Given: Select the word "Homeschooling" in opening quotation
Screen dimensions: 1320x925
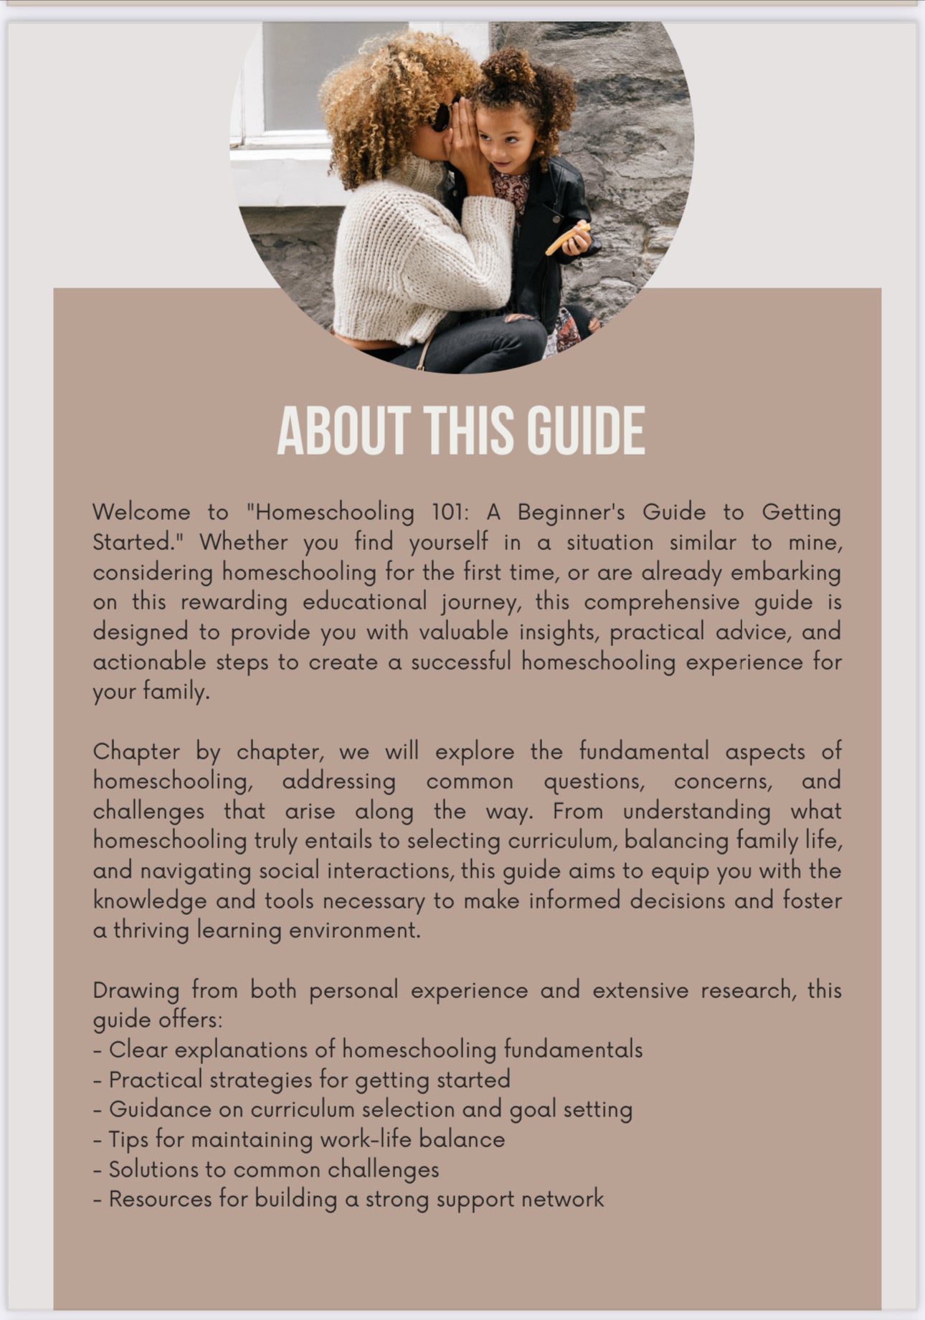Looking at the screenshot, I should [331, 512].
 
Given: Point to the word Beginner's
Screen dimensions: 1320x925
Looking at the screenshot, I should [571, 512].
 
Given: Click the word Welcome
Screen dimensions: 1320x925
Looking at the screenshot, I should [141, 512].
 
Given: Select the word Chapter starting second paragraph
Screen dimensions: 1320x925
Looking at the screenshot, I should [136, 751].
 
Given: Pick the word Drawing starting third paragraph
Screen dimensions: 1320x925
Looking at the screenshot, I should [136, 990].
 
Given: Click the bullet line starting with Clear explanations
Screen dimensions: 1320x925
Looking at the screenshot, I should [368, 1050].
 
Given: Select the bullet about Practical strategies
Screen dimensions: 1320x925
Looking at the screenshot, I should [302, 1080].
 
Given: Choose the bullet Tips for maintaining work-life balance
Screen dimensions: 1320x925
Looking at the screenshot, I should [299, 1139].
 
